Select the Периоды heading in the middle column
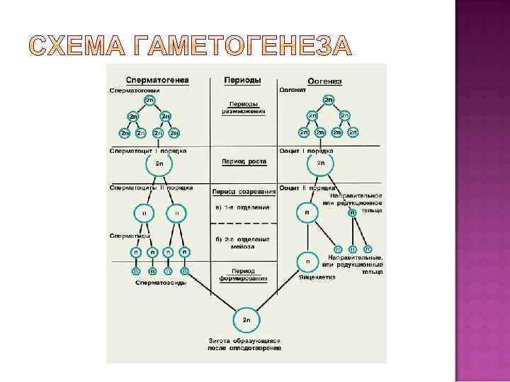pyautogui.click(x=242, y=80)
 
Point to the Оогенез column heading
pyautogui.click(x=325, y=81)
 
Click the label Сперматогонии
pyautogui.click(x=135, y=90)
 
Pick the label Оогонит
pyautogui.click(x=293, y=90)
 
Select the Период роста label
pyautogui.click(x=244, y=161)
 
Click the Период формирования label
pyautogui.click(x=244, y=274)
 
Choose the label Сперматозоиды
pyautogui.click(x=161, y=283)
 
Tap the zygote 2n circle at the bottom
pyautogui.click(x=246, y=320)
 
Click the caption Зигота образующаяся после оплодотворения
pyautogui.click(x=244, y=344)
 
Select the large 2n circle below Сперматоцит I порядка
pyautogui.click(x=159, y=164)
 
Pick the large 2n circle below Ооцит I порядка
pyautogui.click(x=321, y=164)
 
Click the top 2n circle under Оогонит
pyautogui.click(x=329, y=101)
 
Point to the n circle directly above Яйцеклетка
pyautogui.click(x=307, y=261)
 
